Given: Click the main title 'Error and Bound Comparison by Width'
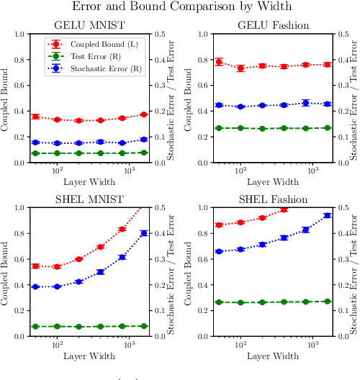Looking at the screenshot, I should tap(180, 7).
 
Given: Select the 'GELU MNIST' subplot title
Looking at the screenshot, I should tap(90, 26).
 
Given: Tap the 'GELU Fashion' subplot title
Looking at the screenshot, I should tap(274, 26).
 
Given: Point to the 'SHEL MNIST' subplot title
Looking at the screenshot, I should tap(90, 199).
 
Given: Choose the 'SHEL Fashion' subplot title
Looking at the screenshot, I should tap(274, 199).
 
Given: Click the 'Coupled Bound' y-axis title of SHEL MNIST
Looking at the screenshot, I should tap(6, 271).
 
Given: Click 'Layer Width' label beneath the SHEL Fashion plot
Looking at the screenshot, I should tap(274, 356).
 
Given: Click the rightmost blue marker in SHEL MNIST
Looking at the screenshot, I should tap(144, 232).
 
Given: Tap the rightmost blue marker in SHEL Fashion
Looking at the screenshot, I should tap(328, 215).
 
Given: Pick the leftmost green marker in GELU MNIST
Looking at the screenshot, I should tap(35, 153).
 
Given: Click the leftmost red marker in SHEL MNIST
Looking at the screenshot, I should tap(35, 266).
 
